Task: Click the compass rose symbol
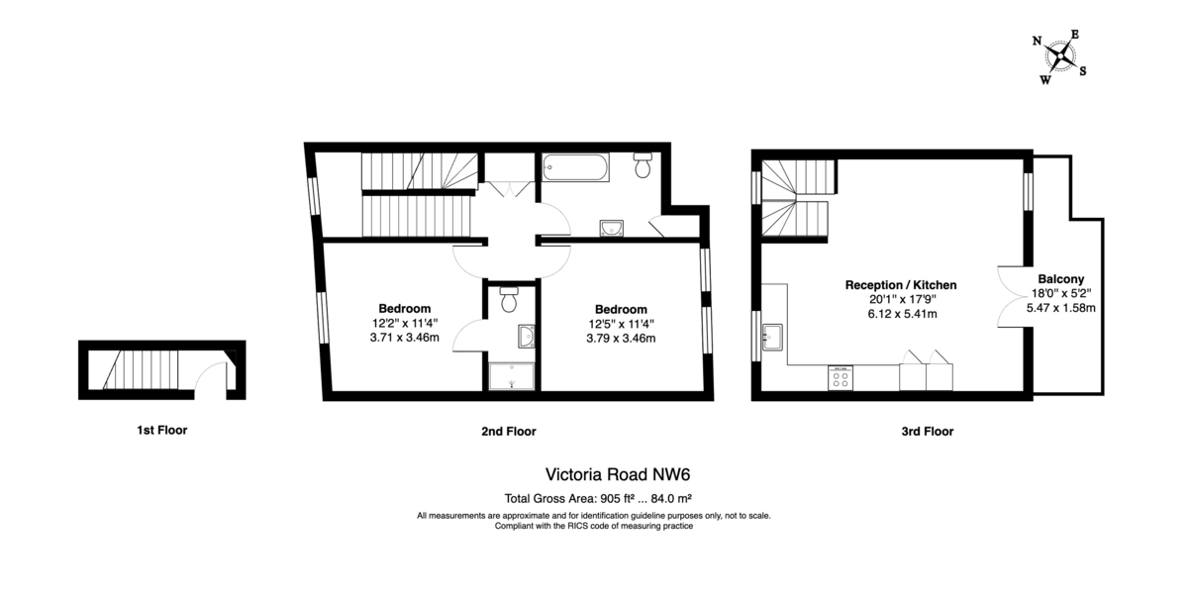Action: [x=1060, y=56]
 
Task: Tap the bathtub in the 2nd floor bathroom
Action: [x=575, y=167]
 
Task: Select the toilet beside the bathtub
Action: [x=643, y=165]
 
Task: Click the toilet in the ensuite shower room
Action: [x=509, y=300]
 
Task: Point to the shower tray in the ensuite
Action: [x=511, y=376]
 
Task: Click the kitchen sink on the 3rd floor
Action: [x=772, y=337]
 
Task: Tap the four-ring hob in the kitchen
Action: [x=841, y=378]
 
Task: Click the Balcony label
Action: [x=1060, y=279]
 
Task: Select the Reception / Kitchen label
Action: [x=901, y=285]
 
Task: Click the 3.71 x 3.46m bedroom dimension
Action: [x=405, y=338]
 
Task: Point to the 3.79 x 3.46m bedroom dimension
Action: [x=621, y=339]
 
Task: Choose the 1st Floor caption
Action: [x=161, y=430]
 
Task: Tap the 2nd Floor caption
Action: [x=509, y=432]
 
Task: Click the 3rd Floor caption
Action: [x=927, y=432]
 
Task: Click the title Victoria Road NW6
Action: [x=618, y=474]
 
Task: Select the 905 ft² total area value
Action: [x=617, y=498]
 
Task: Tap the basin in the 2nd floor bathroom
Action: [x=612, y=228]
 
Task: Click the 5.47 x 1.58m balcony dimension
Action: [x=1060, y=308]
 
